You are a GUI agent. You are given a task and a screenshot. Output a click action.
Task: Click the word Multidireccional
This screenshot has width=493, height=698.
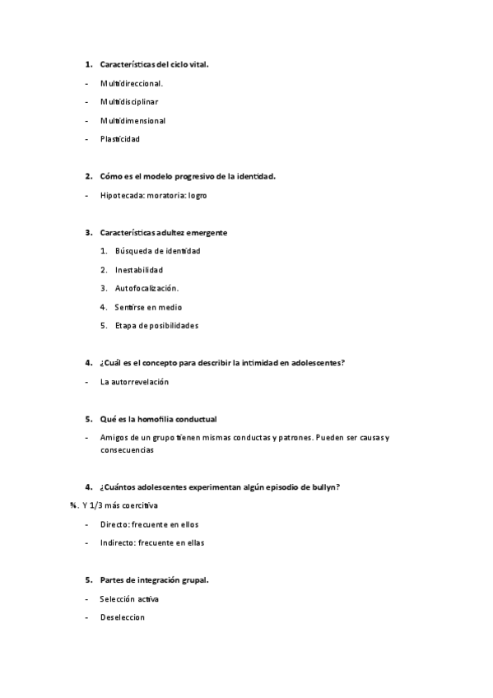(x=132, y=83)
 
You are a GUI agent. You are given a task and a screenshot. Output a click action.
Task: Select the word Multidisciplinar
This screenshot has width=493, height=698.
(x=129, y=102)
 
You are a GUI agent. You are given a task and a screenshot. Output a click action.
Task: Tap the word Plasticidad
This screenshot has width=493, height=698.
(x=120, y=139)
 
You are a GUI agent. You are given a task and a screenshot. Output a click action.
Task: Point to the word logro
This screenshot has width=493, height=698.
(x=198, y=196)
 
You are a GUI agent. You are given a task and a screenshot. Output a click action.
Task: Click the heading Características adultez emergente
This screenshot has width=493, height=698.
(x=164, y=233)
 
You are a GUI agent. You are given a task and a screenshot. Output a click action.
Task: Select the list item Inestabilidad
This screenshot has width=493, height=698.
(x=139, y=270)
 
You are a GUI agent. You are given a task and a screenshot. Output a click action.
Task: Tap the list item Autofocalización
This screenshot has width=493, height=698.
(x=147, y=288)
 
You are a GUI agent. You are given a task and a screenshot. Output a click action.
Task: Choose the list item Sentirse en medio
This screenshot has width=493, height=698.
(x=149, y=307)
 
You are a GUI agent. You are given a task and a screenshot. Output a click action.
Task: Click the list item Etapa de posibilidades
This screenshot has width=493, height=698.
(x=157, y=325)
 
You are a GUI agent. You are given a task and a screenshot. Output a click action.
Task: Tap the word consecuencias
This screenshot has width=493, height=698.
(x=127, y=450)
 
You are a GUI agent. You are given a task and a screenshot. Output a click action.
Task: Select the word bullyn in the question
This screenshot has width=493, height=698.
(x=327, y=487)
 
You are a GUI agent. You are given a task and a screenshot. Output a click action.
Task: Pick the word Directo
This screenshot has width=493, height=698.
(x=114, y=524)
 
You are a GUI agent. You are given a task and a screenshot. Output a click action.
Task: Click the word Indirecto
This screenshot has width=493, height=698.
(x=118, y=542)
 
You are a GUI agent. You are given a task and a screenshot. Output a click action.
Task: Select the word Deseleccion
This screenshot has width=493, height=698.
(x=122, y=617)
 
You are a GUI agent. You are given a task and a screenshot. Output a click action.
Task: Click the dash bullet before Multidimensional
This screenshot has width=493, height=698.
(x=86, y=121)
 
